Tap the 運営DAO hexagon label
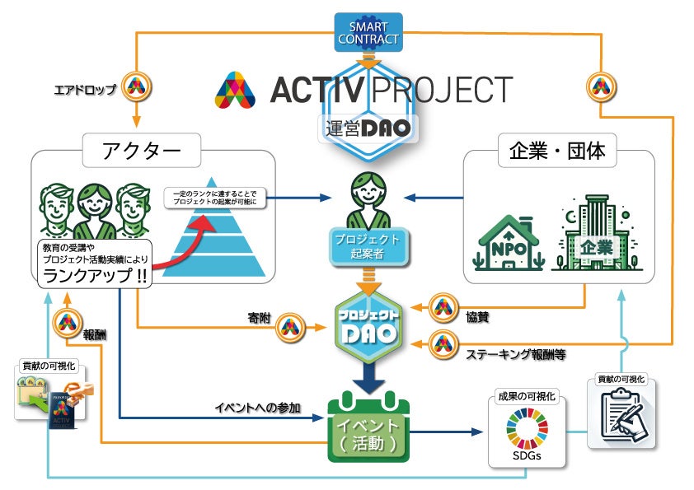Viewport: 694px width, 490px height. pos(368,128)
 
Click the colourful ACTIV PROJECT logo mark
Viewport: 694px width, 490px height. pos(238,90)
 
